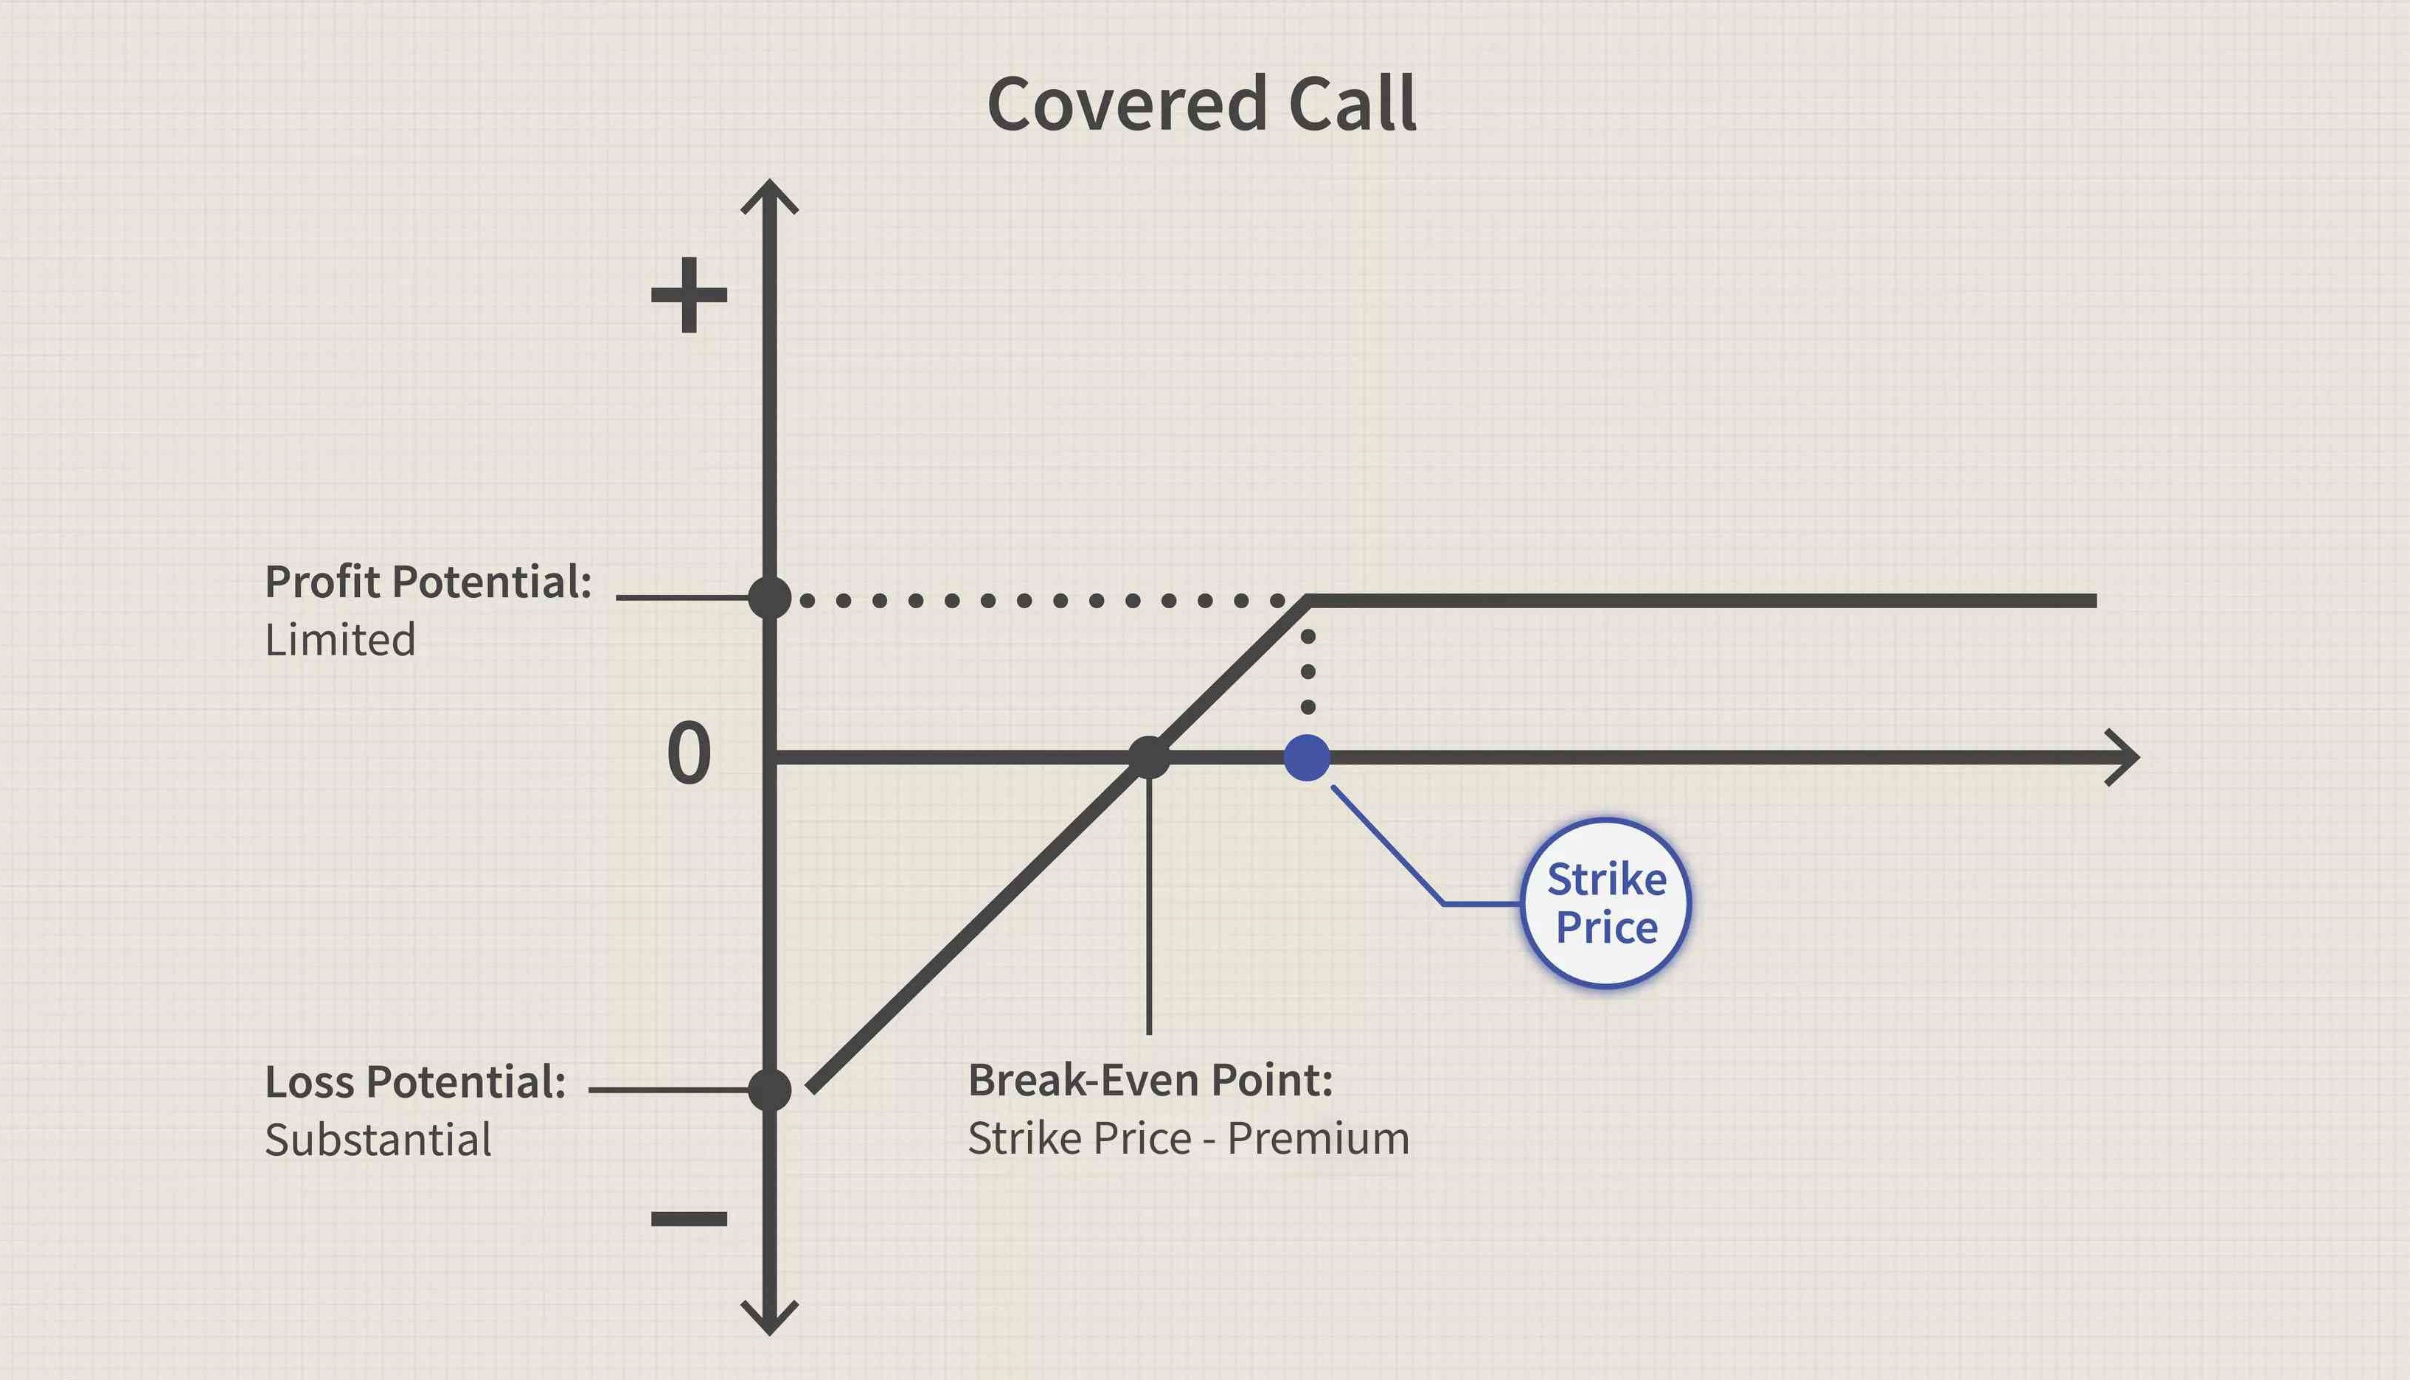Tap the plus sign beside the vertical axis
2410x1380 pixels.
tap(690, 295)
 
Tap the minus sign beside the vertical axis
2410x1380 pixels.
tap(690, 1219)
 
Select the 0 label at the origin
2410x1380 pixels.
tap(690, 753)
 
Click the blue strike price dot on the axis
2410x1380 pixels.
tap(1307, 757)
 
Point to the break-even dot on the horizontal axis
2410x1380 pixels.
tap(1148, 757)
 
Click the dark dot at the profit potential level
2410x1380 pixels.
tap(769, 598)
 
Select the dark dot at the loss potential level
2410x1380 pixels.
tap(769, 1090)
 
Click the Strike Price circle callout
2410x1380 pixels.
tap(1606, 903)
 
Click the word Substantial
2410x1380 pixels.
tap(378, 1139)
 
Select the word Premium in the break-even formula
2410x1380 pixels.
tap(1319, 1138)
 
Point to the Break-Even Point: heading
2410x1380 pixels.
tap(1150, 1081)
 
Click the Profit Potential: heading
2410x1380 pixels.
tap(428, 582)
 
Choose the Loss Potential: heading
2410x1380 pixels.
tap(415, 1081)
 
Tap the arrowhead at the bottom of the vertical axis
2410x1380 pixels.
tap(769, 1320)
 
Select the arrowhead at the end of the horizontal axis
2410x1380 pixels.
tap(2125, 757)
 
